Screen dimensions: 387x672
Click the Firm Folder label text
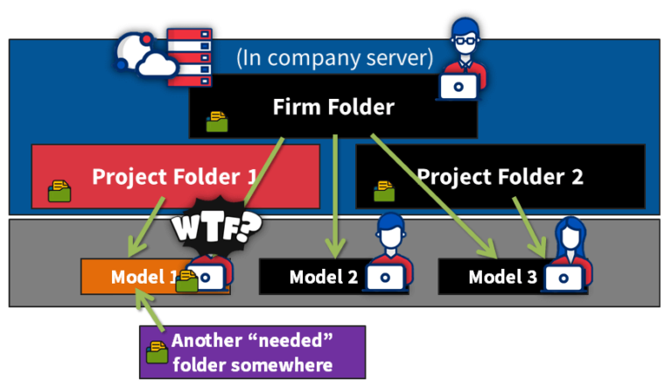point(333,108)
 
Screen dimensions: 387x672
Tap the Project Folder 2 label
point(500,177)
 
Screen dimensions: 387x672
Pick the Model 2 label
point(324,278)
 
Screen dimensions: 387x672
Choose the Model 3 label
point(502,278)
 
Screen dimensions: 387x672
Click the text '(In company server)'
point(334,59)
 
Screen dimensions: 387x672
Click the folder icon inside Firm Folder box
point(217,122)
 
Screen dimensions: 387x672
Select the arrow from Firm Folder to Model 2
point(334,193)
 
